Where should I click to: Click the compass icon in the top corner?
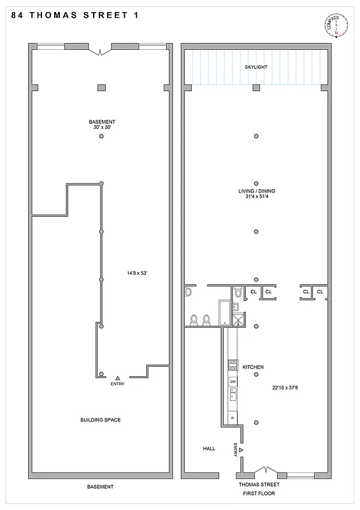pos(337,26)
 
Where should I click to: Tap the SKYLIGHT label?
pos(256,66)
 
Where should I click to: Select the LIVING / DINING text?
pos(256,191)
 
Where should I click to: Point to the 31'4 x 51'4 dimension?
pos(256,197)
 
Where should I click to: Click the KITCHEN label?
pos(253,368)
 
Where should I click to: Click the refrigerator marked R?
pos(233,418)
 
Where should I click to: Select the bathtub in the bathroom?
pos(224,313)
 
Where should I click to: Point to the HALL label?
pos(209,449)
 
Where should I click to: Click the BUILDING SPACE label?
pos(100,419)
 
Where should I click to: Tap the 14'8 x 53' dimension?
pos(137,273)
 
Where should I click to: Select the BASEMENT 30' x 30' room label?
pos(101,124)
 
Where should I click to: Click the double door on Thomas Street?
pos(263,471)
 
